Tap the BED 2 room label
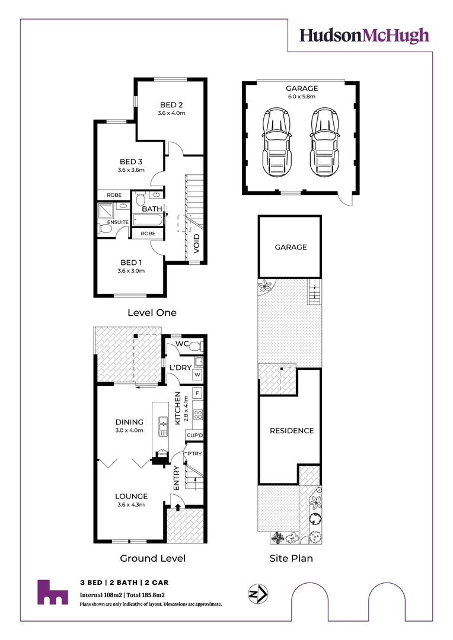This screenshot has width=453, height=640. click(172, 105)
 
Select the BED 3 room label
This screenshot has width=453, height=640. click(131, 161)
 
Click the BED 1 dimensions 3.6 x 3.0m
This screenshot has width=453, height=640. click(131, 271)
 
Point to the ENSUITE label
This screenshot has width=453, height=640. click(117, 222)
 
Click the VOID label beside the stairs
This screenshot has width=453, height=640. click(196, 242)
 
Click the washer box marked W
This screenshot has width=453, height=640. click(197, 375)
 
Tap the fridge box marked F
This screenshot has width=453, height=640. click(197, 393)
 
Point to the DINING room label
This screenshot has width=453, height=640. click(129, 422)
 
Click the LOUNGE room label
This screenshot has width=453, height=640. click(132, 496)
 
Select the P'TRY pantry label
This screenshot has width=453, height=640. click(194, 453)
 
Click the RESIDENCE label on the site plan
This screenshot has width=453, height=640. click(292, 430)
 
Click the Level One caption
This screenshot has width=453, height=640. click(152, 312)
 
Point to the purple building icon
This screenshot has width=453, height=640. click(52, 592)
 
